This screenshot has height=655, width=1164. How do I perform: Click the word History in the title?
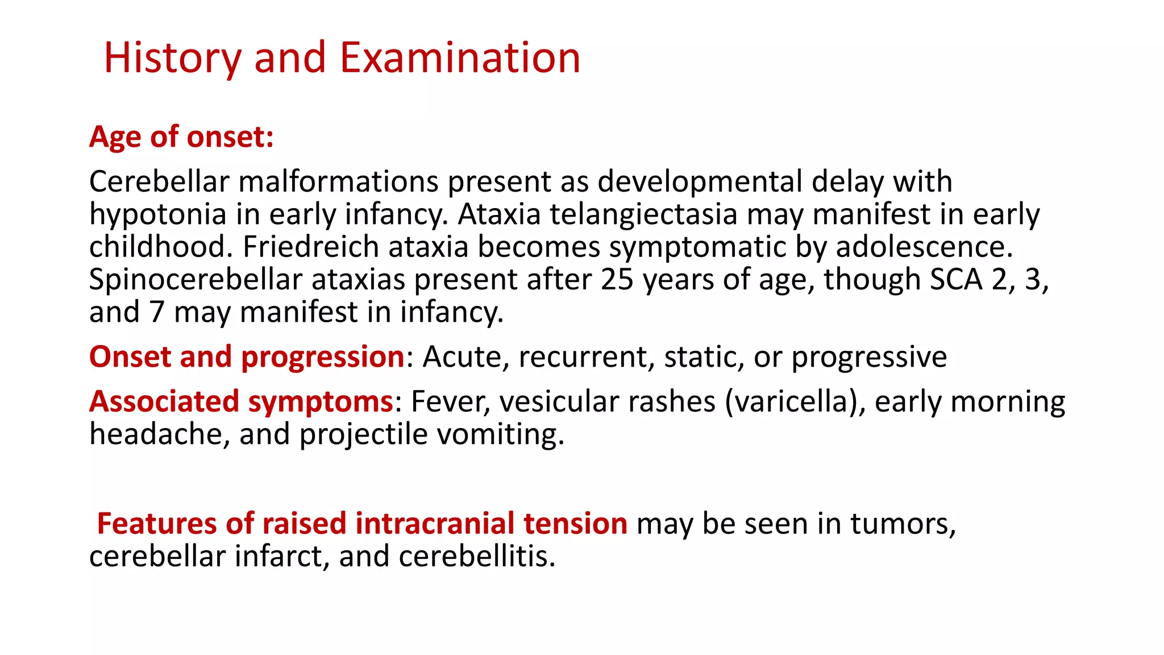pyautogui.click(x=172, y=58)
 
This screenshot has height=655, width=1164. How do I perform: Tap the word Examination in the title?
pyautogui.click(x=460, y=58)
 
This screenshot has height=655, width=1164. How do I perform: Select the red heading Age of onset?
pyautogui.click(x=181, y=137)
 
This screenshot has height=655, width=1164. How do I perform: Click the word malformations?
pyautogui.click(x=338, y=182)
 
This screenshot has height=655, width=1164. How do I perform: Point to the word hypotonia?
pyautogui.click(x=158, y=215)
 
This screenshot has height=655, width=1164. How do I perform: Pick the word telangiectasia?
pyautogui.click(x=643, y=215)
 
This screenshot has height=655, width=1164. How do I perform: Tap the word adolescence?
pyautogui.click(x=924, y=247)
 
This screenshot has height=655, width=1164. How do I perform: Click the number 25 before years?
pyautogui.click(x=617, y=280)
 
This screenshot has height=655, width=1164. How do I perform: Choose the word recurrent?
pyautogui.click(x=583, y=357)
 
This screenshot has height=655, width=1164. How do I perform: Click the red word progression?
pyautogui.click(x=322, y=357)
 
